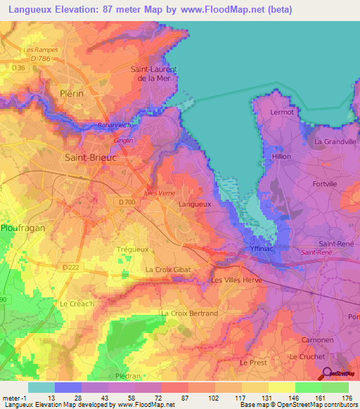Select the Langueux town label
[x=195, y=204]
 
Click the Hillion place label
[x=281, y=157]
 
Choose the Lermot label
[x=282, y=112]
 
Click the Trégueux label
[x=130, y=249]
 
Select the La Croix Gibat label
[x=168, y=269]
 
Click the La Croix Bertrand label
[x=189, y=313]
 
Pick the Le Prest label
[x=253, y=363]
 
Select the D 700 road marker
[x=127, y=202]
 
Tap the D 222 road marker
[x=70, y=267]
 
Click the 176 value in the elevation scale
[x=346, y=398]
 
